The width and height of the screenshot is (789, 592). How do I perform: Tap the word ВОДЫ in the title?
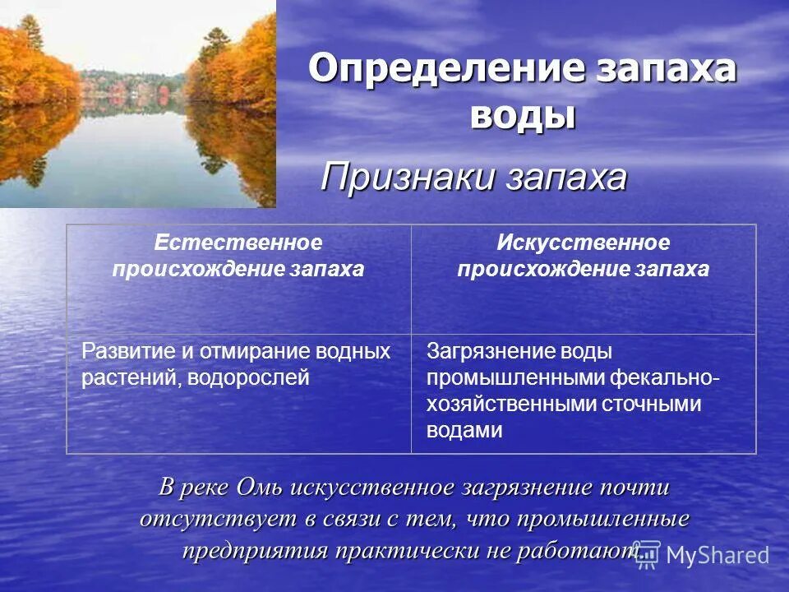[522, 115]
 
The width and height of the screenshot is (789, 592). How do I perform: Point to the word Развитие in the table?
[129, 352]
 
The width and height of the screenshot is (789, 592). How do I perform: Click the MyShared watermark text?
[717, 556]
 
